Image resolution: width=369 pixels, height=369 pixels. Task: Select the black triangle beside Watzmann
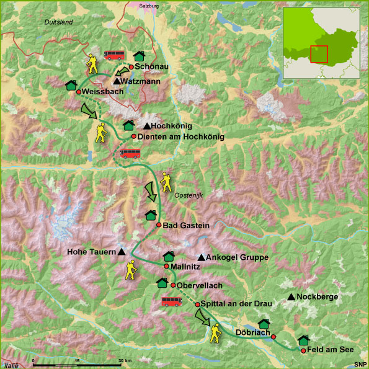click(x=117, y=81)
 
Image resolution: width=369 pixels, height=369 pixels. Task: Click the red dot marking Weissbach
click(x=79, y=92)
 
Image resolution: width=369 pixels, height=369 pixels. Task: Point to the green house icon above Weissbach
click(x=71, y=84)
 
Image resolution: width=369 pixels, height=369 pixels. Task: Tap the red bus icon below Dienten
click(x=130, y=153)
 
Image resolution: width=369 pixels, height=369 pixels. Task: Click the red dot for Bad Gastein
click(x=159, y=225)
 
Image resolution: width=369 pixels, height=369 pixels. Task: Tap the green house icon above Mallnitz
click(x=169, y=256)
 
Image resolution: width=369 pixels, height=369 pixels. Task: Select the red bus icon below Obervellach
click(x=171, y=301)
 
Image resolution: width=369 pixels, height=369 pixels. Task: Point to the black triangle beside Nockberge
click(x=291, y=297)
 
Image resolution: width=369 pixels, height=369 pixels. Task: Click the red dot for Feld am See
click(x=303, y=351)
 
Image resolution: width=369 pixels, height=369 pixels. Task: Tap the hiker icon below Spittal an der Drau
click(x=215, y=332)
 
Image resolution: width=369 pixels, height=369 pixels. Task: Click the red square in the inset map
click(x=319, y=54)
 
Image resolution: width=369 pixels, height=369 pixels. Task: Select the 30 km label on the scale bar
click(x=125, y=360)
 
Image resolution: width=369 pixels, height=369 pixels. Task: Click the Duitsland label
click(x=59, y=22)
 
